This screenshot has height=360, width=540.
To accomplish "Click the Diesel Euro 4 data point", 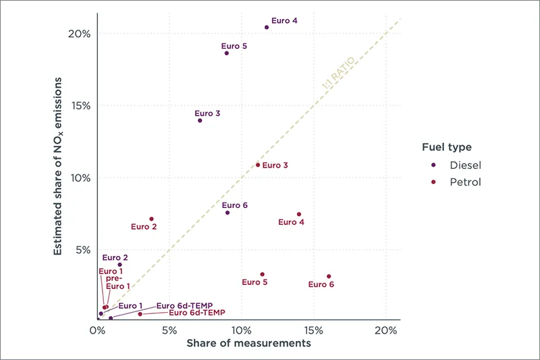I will coord(267,28).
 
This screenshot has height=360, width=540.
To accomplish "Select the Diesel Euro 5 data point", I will coord(227,53).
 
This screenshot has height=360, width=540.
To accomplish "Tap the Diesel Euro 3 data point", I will coord(200,120).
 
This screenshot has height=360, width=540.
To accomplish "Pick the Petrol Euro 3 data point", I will coord(258,165).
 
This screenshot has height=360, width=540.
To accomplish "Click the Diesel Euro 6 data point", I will coord(227,213).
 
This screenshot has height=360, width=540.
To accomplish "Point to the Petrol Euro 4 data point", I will coord(299,214).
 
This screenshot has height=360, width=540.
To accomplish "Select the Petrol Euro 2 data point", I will coord(151,219).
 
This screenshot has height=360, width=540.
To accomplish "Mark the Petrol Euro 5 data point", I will coord(262,274).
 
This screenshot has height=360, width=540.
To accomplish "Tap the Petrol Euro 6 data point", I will coord(329,276).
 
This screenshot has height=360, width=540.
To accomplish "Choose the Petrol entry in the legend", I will coord(465,182).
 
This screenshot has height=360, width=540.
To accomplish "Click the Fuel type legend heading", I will coord(446,147).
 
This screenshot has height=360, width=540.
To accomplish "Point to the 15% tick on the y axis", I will coord(77,105).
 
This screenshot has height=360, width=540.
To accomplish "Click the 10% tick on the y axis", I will coord(77,178).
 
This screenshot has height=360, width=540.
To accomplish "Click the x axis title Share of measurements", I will coord(248,343).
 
